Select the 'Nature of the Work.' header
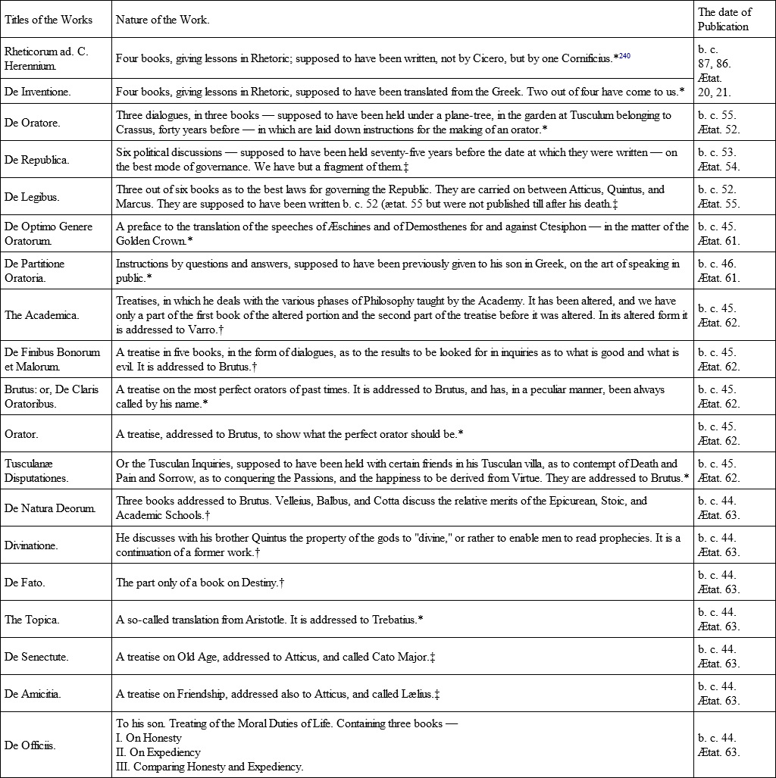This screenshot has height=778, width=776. (162, 20)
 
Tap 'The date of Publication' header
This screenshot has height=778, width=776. (724, 20)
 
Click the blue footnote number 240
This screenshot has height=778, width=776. (624, 55)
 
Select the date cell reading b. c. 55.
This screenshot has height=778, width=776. (717, 115)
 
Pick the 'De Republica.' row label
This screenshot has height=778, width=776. (36, 159)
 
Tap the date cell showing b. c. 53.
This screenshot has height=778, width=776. (717, 152)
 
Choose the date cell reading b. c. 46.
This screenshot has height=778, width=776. (717, 264)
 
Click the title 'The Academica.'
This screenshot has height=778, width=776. (42, 315)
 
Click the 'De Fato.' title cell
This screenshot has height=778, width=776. (25, 583)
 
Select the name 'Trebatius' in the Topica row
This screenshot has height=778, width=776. (392, 620)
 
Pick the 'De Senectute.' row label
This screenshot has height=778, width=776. (36, 657)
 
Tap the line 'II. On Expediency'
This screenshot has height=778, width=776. (158, 752)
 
